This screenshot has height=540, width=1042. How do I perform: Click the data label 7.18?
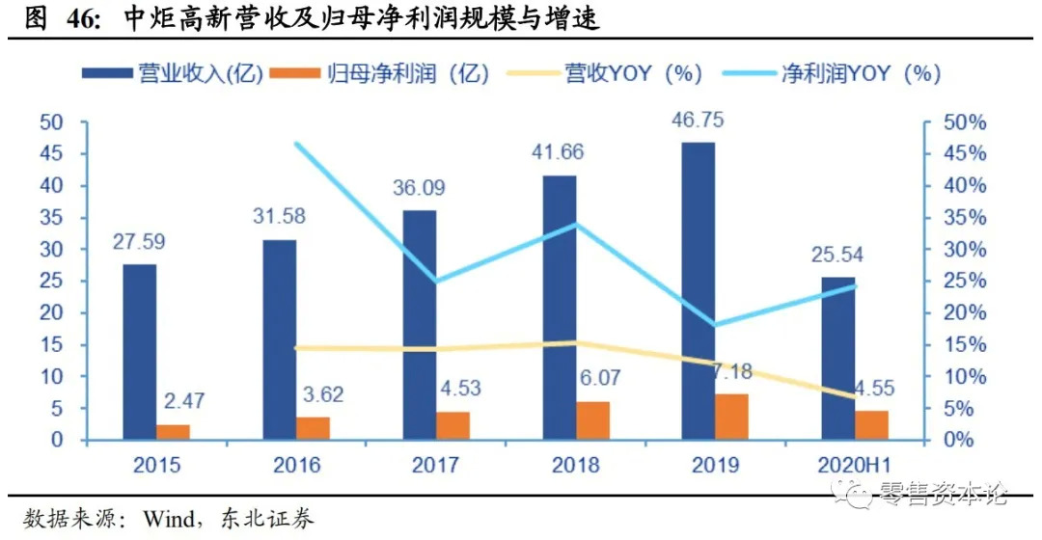(x=732, y=371)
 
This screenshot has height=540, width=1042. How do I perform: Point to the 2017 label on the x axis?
(x=435, y=465)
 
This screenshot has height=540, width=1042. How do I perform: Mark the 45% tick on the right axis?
(x=965, y=154)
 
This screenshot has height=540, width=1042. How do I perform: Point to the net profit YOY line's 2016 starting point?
(x=297, y=145)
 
